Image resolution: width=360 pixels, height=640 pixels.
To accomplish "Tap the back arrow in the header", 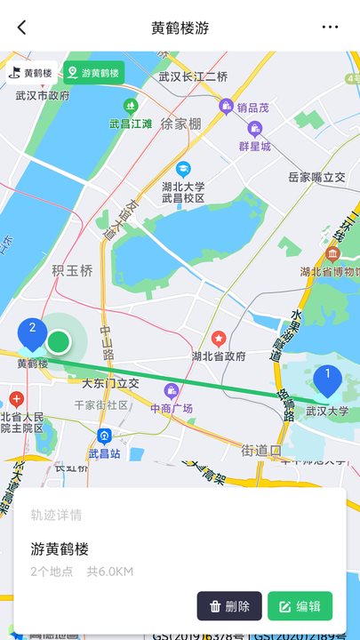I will [21, 28].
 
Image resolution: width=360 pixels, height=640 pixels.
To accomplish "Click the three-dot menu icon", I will [331, 28].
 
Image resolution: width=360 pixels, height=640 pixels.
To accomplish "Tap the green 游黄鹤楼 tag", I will [94, 73].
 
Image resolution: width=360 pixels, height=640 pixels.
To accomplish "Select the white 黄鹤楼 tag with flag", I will [32, 73].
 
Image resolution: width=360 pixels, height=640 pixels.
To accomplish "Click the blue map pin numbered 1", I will [327, 379].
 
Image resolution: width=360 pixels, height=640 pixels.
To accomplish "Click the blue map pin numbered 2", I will [33, 332].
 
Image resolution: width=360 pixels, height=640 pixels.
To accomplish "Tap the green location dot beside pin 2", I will [59, 341].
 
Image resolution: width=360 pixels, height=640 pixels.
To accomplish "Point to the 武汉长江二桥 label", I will [193, 76].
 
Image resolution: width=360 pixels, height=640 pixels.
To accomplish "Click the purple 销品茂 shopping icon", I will [227, 107].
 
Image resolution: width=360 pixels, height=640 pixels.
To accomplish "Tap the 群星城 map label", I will [254, 146].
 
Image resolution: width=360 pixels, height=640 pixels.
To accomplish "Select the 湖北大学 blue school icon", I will [183, 168].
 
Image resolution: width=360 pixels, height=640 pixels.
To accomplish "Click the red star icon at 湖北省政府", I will [219, 339].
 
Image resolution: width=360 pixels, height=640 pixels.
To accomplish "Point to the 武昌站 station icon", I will [104, 436].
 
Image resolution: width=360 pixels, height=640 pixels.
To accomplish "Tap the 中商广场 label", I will [172, 409].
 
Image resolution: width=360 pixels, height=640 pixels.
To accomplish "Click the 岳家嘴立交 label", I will [316, 178].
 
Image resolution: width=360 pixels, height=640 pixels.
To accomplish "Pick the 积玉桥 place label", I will [72, 271].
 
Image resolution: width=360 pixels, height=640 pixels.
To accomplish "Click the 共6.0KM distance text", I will [110, 572].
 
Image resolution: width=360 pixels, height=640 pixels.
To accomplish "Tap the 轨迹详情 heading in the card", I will [57, 515].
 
